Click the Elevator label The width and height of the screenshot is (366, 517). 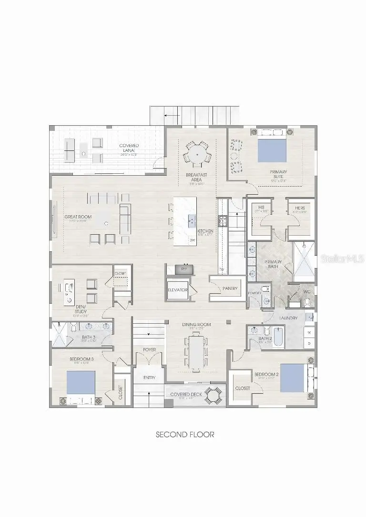point(177,289)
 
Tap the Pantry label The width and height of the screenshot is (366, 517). point(230,288)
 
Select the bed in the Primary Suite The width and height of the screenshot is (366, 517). point(273,152)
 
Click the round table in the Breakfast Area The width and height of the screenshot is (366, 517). point(196,153)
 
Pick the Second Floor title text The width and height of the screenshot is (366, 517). point(185,435)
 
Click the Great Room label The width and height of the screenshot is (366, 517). point(78,217)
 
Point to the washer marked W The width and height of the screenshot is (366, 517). point(310,332)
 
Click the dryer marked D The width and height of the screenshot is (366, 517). point(310,343)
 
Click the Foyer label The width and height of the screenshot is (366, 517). point(149,350)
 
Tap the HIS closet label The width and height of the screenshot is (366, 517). point(262,207)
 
